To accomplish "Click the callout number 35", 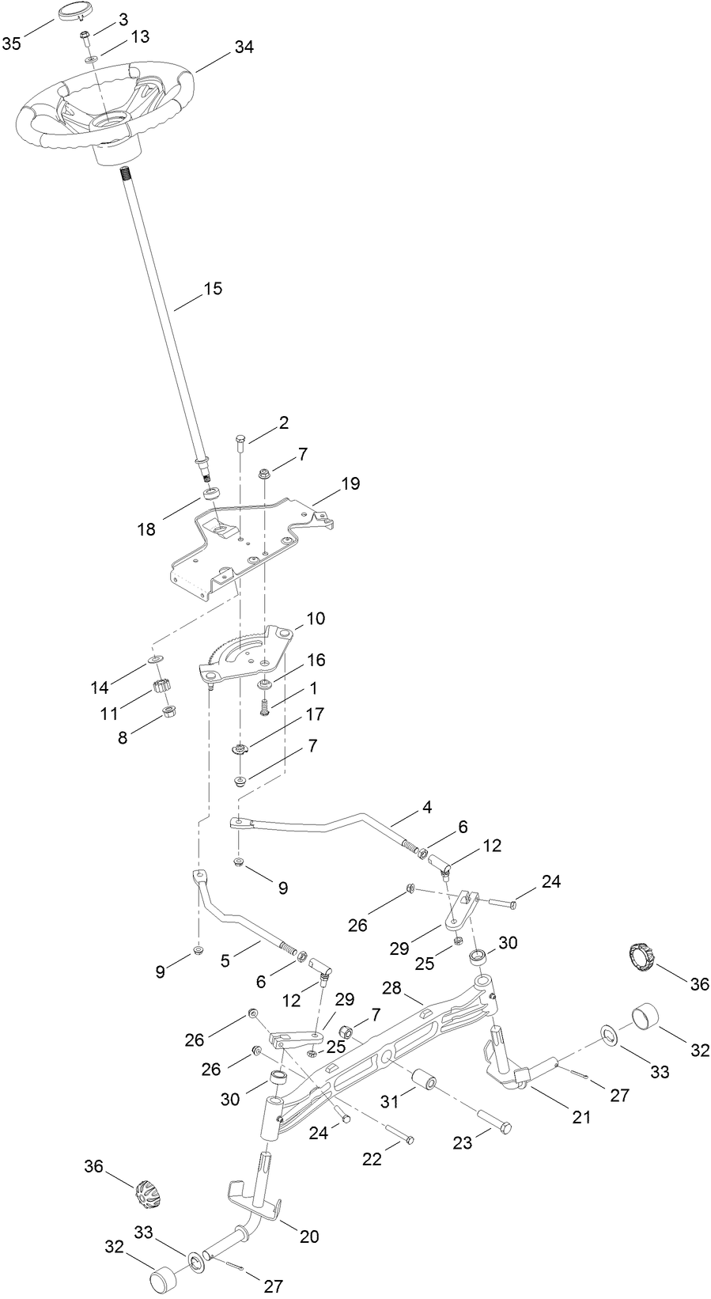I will (x=11, y=44).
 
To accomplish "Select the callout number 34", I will (x=244, y=47).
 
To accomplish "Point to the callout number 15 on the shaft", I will (x=213, y=289).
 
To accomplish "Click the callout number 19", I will (x=350, y=483).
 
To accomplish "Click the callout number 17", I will (x=315, y=714).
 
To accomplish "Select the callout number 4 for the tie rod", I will (x=427, y=809).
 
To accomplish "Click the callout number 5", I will (x=225, y=961).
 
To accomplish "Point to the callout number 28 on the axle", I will (x=392, y=988).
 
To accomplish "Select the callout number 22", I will (x=372, y=1159).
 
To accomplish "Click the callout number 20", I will (x=309, y=1236).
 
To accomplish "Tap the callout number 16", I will (x=316, y=660).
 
